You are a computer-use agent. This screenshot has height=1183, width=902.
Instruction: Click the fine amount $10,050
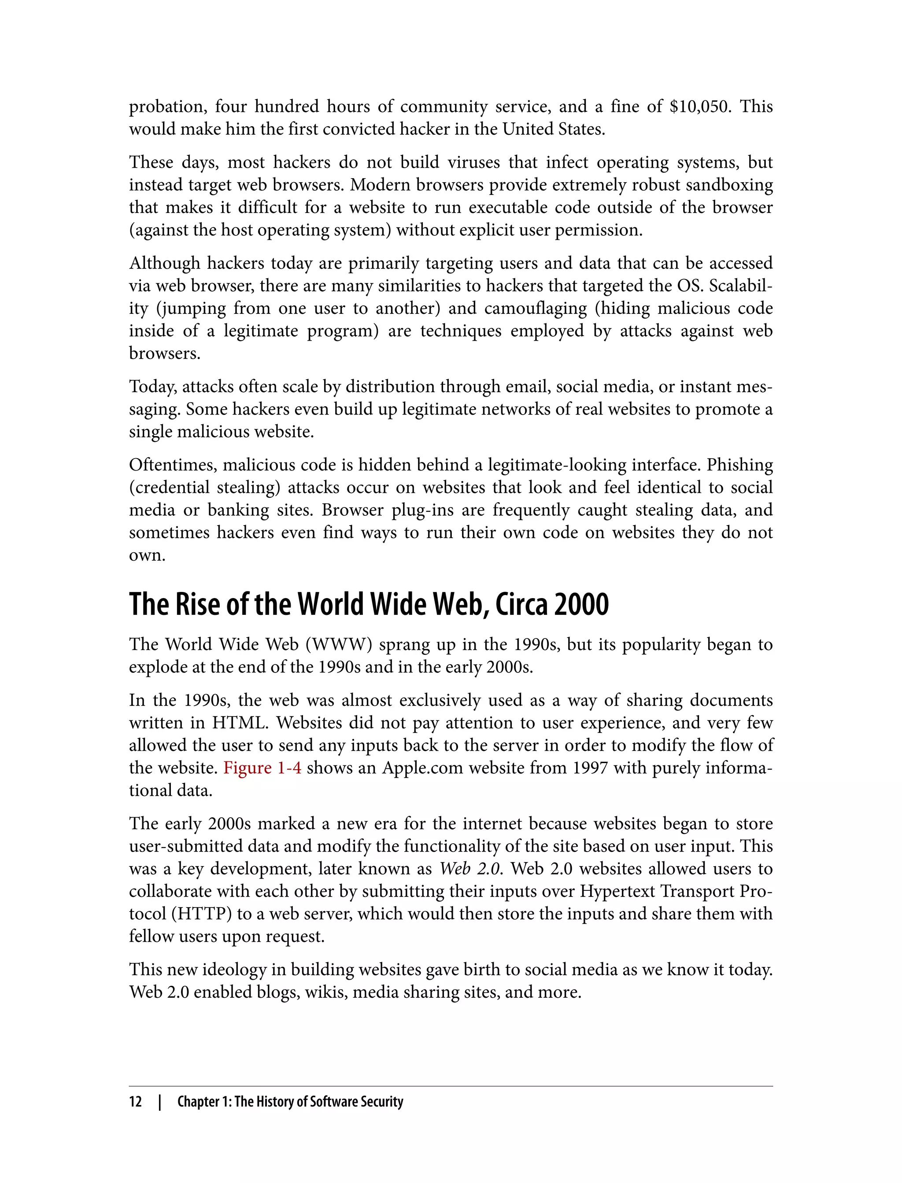coord(699,107)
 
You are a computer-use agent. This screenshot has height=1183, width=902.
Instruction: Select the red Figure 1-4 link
coord(262,768)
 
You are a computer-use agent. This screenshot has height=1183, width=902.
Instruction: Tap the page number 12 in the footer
coord(135,1102)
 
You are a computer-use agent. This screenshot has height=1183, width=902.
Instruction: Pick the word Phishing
coord(739,465)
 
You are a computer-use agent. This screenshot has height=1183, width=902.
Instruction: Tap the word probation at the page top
coord(167,107)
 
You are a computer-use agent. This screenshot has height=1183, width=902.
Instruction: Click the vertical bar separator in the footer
coord(159,1102)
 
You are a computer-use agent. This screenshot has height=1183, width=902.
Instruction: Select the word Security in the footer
coord(381,1102)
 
